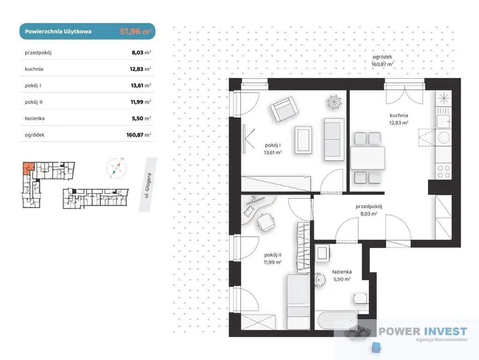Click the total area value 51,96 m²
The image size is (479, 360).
click(135, 31)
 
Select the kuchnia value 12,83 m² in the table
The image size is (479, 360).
click(140, 69)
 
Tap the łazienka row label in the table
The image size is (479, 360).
click(35, 118)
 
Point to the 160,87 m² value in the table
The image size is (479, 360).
click(139, 135)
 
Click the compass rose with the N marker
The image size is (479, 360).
click(116, 168)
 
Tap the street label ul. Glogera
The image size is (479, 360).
click(148, 186)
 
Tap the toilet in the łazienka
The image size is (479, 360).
click(360, 298)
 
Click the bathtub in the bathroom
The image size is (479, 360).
click(337, 320)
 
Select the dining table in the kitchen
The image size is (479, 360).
click(367, 158)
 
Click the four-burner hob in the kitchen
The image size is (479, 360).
click(443, 172)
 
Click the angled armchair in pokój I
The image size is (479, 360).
click(284, 109)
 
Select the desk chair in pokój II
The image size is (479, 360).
click(265, 222)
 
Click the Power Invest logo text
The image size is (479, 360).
click(423, 331)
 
